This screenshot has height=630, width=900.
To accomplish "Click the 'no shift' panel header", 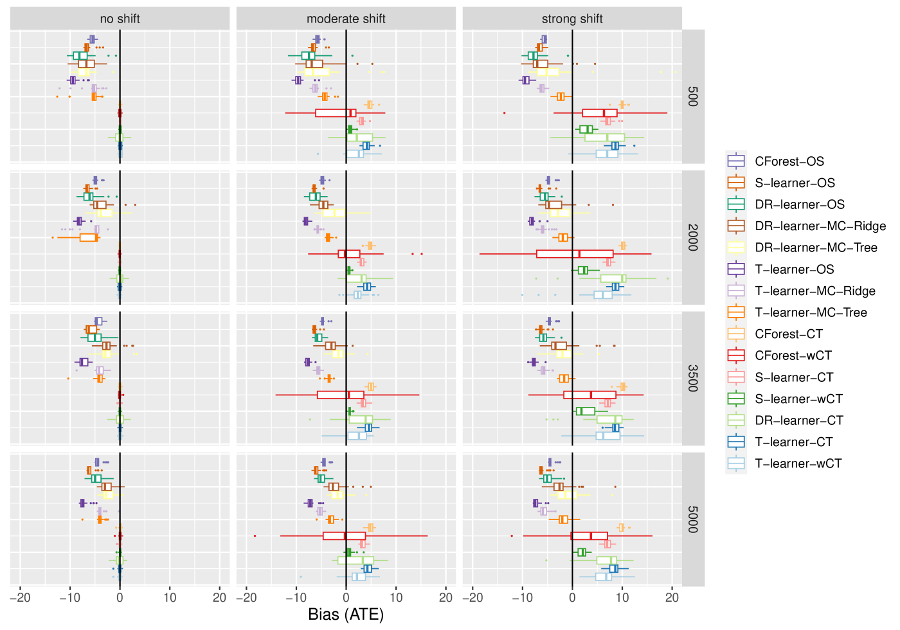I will (120, 19).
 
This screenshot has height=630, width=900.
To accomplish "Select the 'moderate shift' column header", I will (346, 19).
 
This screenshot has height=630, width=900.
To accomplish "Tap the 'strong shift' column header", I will (572, 19).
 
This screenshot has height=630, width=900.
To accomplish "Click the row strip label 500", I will (693, 96).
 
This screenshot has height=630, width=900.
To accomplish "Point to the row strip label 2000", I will (693, 237).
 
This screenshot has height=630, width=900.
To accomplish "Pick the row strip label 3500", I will (693, 379).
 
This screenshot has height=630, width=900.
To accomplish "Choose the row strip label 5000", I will (693, 519).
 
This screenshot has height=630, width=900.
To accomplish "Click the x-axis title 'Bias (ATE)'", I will (346, 615).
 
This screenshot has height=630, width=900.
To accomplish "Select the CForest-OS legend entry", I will (789, 161).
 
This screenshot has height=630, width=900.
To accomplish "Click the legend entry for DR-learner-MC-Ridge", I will (820, 226).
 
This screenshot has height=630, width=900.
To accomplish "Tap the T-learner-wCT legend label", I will (798, 464).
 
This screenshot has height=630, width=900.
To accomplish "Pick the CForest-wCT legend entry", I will (797, 355).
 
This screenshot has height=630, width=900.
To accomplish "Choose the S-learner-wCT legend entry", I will (797, 399).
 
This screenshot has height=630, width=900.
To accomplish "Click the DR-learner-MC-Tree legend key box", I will (736, 248).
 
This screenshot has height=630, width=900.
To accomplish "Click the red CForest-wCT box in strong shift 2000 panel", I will (575, 254).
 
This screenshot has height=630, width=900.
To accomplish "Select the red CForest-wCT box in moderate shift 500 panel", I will (336, 113).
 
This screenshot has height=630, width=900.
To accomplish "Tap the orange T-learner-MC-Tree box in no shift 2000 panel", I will (89, 237).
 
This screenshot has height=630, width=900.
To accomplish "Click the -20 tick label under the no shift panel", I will (20, 597).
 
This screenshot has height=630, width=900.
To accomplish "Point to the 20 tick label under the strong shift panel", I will (672, 597).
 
